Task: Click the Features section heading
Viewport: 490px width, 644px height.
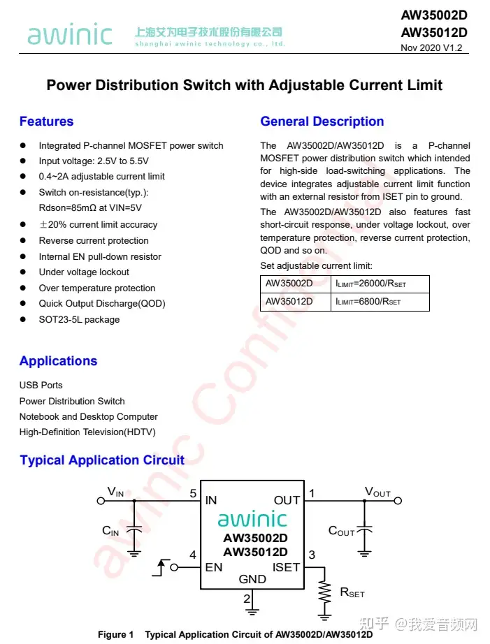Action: (46, 122)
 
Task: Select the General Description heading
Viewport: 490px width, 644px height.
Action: (322, 122)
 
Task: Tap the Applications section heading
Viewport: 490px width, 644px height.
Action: (58, 361)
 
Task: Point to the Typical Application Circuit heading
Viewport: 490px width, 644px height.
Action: (102, 460)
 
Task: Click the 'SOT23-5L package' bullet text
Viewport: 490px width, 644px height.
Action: (79, 319)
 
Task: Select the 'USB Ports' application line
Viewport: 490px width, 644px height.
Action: (41, 385)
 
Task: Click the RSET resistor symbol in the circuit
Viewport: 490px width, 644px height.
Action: (324, 592)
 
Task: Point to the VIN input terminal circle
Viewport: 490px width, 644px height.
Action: (101, 501)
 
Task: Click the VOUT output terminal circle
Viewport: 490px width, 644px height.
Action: (398, 501)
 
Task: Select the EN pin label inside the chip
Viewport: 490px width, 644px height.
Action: (213, 567)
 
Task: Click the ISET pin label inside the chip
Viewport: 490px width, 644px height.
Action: (286, 567)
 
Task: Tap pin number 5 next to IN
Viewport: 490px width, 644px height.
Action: (192, 494)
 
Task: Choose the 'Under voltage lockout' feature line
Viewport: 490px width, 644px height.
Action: (84, 272)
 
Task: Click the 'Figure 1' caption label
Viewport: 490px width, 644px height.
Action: (115, 634)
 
